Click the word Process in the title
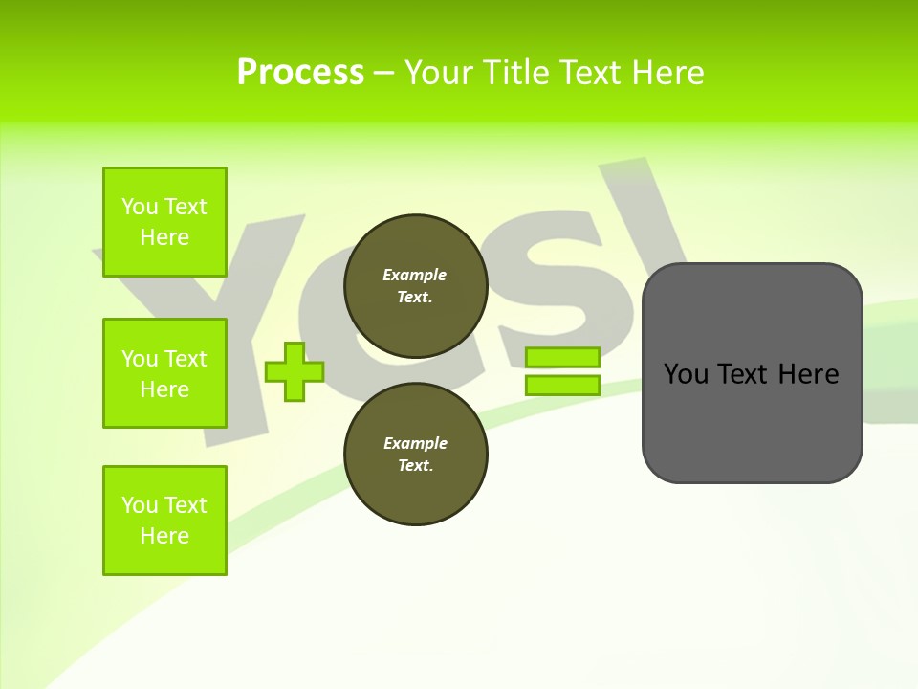300,72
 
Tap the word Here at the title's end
667,72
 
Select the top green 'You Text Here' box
164,222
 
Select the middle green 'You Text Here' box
164,373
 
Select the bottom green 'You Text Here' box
164,521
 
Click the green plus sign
295,371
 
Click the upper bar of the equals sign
562,358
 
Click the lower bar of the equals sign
562,386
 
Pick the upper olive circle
416,285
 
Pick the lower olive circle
416,454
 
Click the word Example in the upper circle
415,275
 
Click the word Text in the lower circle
415,465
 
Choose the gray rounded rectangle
753,421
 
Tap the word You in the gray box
686,374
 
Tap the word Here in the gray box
808,374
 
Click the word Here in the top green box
164,237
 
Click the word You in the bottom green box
140,505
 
